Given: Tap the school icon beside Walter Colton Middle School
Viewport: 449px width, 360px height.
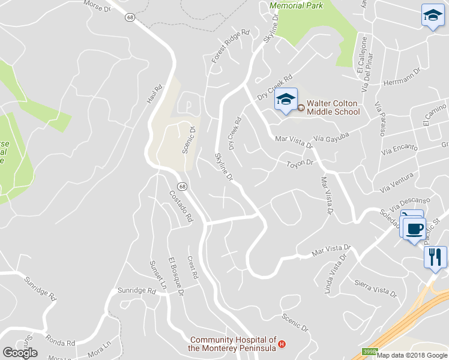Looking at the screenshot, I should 286,100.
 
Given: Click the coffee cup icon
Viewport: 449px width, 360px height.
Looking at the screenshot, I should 414,229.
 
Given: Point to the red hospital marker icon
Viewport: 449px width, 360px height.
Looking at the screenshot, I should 281,344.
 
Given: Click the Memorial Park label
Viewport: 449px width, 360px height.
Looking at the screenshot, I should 297,5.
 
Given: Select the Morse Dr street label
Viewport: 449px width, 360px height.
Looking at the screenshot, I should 97,6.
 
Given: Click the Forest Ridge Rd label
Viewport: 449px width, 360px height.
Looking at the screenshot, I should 231,46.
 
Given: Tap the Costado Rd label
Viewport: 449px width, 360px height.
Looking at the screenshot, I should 181,206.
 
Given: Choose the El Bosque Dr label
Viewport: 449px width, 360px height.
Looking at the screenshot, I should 176,274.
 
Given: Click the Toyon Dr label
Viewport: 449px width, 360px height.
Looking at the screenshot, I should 300,163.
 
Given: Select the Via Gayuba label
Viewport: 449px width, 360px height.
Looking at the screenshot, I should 332,138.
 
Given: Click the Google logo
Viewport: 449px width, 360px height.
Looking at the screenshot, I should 20,353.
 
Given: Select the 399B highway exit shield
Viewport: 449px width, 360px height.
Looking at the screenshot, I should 369,352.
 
